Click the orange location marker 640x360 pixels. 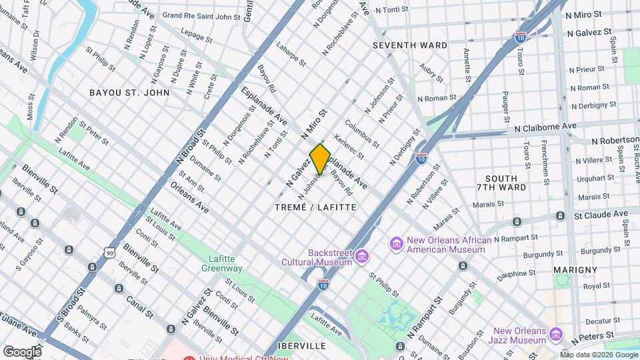(321, 159)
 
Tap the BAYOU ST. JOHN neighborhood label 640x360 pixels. (129, 93)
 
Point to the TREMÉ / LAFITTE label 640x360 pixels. (315, 207)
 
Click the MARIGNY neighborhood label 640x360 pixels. (575, 269)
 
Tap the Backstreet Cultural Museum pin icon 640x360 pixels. (362, 256)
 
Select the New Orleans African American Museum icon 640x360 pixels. (397, 244)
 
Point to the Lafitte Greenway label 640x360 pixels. (222, 263)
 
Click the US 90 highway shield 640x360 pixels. (111, 252)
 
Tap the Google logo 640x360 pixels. (22, 351)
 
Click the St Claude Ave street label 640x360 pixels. (601, 215)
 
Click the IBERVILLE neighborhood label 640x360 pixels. (303, 346)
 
